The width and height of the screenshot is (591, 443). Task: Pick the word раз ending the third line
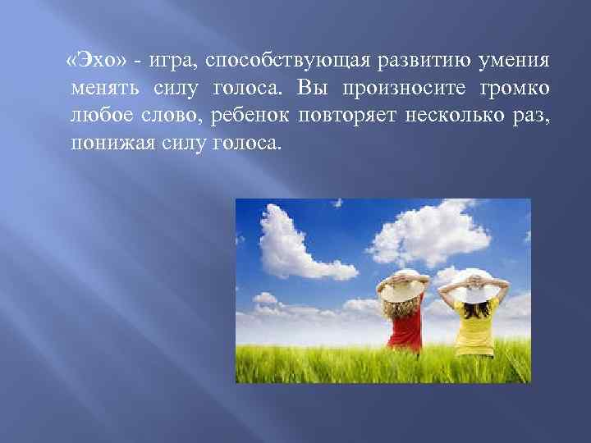(532, 116)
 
